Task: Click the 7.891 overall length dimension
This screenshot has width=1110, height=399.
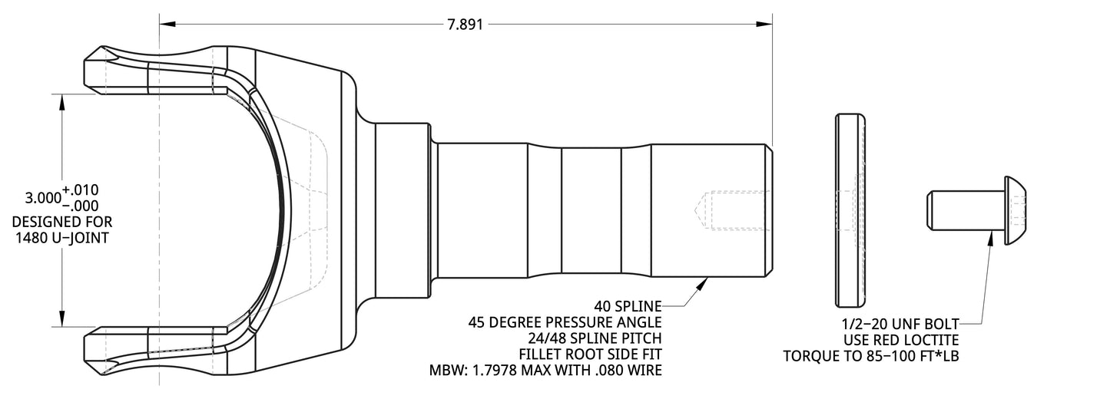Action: tap(466, 24)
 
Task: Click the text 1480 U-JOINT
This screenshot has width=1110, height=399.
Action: tap(61, 238)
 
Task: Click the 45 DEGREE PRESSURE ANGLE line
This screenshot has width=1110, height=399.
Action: tap(565, 322)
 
